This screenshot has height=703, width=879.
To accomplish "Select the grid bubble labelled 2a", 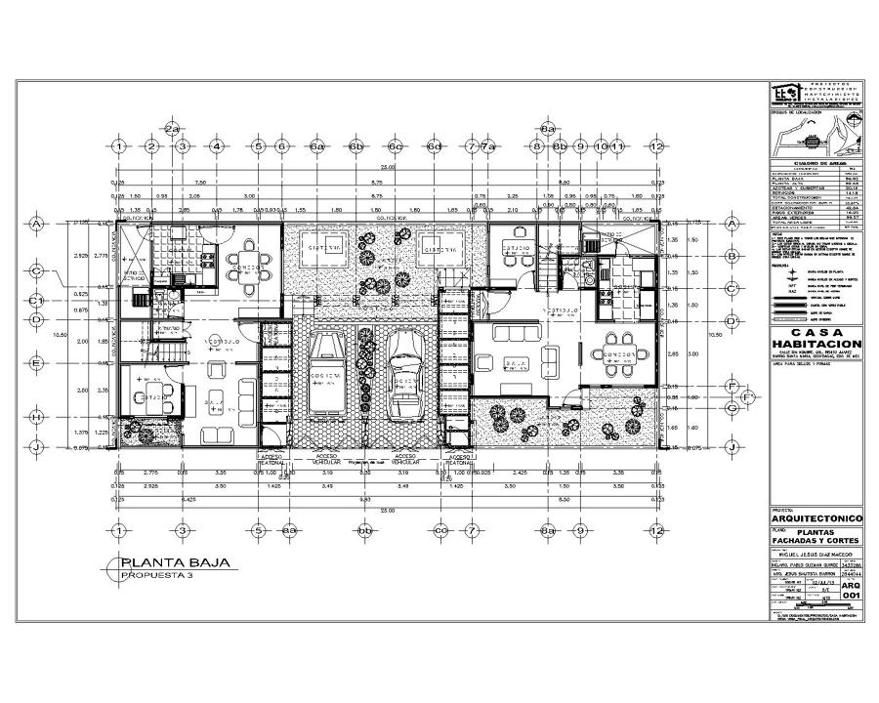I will (172, 129).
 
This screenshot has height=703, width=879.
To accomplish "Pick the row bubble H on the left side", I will (36, 417).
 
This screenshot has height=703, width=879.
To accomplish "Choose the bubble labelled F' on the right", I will (747, 397).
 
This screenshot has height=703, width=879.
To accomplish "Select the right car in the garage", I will (403, 375).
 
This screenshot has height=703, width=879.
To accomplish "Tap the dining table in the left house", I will (251, 267).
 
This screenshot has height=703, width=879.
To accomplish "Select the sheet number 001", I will (850, 595).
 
